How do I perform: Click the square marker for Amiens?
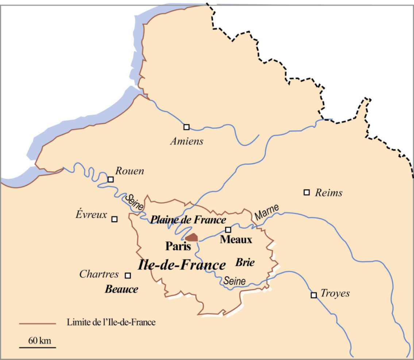click(x=186, y=127)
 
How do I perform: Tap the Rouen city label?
click(x=130, y=171)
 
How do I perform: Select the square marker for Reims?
click(x=307, y=192)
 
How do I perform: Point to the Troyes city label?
click(x=335, y=293)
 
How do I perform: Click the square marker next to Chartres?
click(x=128, y=275)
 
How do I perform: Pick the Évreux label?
click(x=91, y=215)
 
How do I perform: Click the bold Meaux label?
click(x=236, y=240)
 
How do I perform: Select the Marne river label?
click(x=267, y=213)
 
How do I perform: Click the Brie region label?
click(x=245, y=262)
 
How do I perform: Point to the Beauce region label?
click(x=121, y=289)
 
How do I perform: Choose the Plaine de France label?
click(x=188, y=220)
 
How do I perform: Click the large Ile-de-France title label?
click(x=182, y=265)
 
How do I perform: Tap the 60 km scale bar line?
click(x=38, y=347)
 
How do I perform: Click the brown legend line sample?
click(x=38, y=323)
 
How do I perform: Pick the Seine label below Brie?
click(x=235, y=281)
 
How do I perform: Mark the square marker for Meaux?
click(x=228, y=230)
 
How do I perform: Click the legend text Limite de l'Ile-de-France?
click(x=111, y=322)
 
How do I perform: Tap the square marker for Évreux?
click(x=114, y=219)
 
